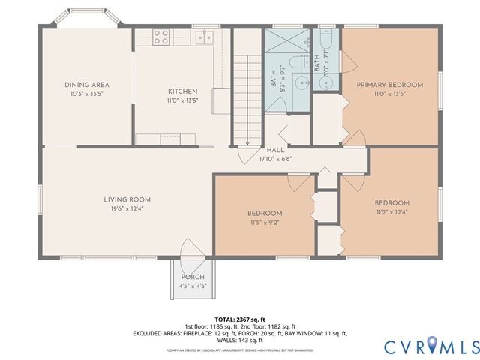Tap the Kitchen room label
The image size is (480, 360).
click(183, 91)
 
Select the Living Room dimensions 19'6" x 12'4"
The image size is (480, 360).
click(127, 208)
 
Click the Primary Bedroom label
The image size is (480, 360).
click(389, 85)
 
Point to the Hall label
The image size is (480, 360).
click(275, 150)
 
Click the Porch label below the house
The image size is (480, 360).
click(193, 277)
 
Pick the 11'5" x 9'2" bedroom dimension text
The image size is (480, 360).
click(265, 223)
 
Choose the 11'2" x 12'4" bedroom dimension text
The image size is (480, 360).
click(392, 212)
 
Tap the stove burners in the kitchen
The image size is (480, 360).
click(161, 37)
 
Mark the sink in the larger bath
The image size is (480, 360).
click(300, 83)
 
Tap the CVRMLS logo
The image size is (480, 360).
click(431, 346)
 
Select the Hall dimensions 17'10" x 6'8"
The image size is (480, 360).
click(275, 159)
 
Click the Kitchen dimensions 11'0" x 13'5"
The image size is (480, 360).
click(183, 100)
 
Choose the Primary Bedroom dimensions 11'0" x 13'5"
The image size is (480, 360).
click(389, 94)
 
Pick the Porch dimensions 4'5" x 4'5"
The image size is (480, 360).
click(193, 286)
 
